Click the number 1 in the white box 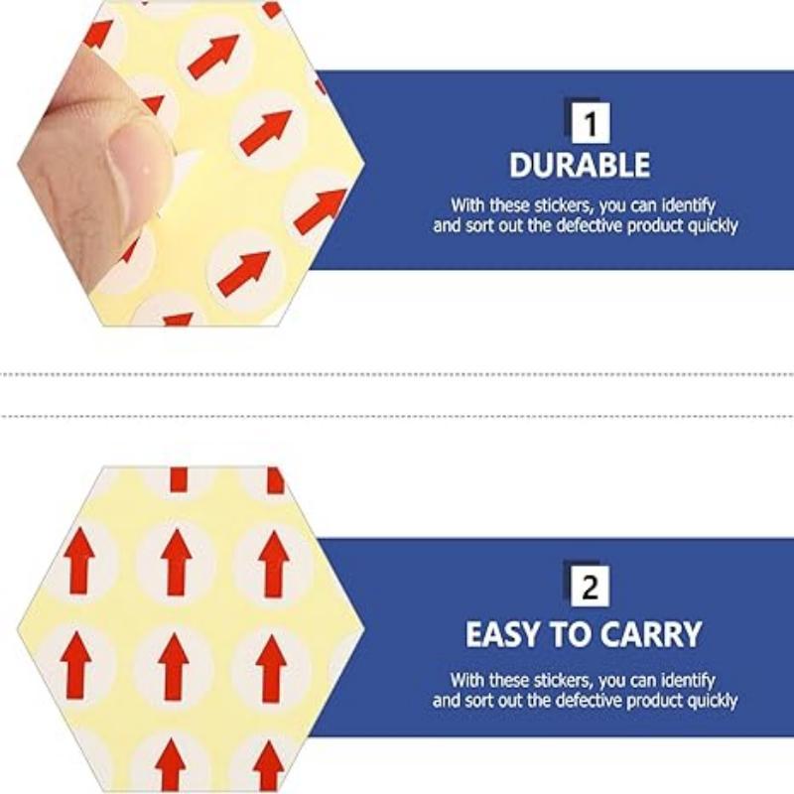pos(591,124)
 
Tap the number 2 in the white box pos(590,588)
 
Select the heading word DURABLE pos(580,165)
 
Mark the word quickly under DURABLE pos(713,226)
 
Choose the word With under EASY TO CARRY pos(466,680)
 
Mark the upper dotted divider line pos(397,375)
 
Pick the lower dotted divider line pos(397,416)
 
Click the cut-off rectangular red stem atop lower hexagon pos(179,479)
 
